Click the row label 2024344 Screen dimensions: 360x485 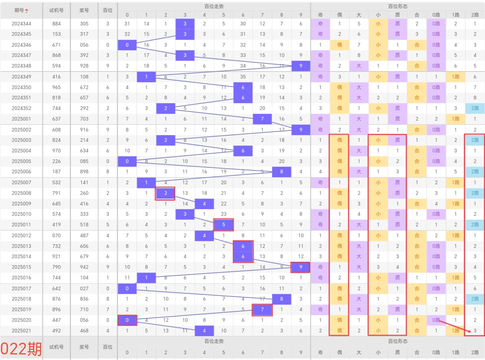pyautogui.click(x=21, y=24)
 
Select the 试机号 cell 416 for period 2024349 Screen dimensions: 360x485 pyautogui.click(x=56, y=77)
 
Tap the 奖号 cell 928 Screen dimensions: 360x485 pyautogui.click(x=84, y=66)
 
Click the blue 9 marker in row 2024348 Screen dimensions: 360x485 pyautogui.click(x=301, y=66)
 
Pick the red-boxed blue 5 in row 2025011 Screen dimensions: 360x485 pyautogui.click(x=224, y=225)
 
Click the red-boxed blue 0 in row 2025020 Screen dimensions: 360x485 pyautogui.click(x=127, y=320)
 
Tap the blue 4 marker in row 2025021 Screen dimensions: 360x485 pyautogui.click(x=204, y=331)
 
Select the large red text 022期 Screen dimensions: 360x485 pyautogui.click(x=21, y=348)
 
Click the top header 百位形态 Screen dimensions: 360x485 pyautogui.click(x=398, y=6)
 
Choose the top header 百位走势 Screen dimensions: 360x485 pyautogui.click(x=214, y=6)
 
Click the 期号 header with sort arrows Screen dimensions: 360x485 pyautogui.click(x=21, y=10)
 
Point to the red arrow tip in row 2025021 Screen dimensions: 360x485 pyautogui.click(x=470, y=332)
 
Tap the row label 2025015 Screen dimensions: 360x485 pyautogui.click(x=21, y=267)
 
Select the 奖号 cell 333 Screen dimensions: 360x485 pyautogui.click(x=84, y=214)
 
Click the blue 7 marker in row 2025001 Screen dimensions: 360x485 pyautogui.click(x=262, y=119)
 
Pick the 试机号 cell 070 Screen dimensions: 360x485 pyautogui.click(x=56, y=235)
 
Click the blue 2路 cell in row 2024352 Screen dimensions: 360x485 pyautogui.click(x=475, y=108)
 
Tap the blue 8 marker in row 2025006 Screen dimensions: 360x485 pyautogui.click(x=281, y=172)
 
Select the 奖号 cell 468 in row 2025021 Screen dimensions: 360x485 pyautogui.click(x=84, y=331)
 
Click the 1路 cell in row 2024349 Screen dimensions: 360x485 pyautogui.click(x=455, y=77)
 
